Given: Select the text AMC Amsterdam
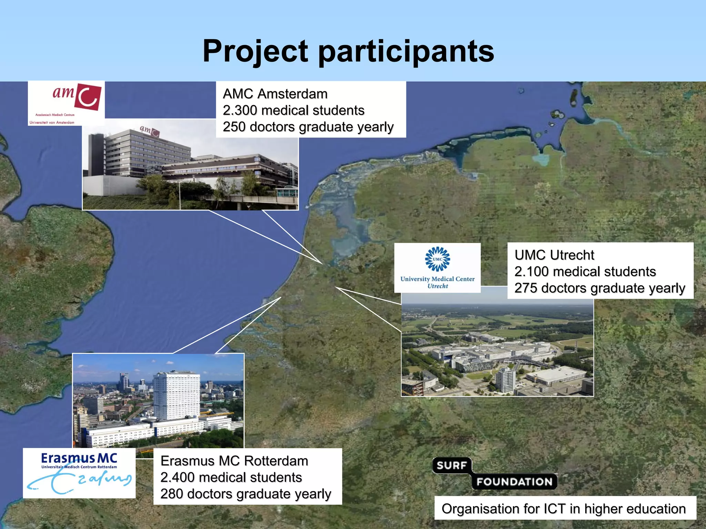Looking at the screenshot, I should [x=275, y=94].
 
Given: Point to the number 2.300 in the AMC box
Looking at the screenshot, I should [x=240, y=111].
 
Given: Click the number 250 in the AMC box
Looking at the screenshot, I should [x=234, y=127].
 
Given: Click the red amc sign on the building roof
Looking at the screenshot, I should [x=149, y=131].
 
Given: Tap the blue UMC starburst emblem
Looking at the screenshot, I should [x=437, y=259].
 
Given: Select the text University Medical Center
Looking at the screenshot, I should [x=437, y=279].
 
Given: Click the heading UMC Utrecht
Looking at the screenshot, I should [x=554, y=255].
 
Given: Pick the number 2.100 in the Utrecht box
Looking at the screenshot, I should [x=532, y=272].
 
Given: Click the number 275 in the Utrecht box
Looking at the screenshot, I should [x=526, y=288].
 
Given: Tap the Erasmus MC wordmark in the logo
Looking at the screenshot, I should [x=79, y=458].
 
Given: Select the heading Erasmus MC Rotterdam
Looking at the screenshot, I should [x=234, y=461].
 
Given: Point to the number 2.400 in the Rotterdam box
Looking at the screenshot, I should [x=178, y=478].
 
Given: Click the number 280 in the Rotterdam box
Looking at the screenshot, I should [x=172, y=494].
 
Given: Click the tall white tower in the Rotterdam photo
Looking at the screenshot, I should [x=176, y=396].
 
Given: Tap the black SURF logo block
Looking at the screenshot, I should [x=452, y=466].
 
